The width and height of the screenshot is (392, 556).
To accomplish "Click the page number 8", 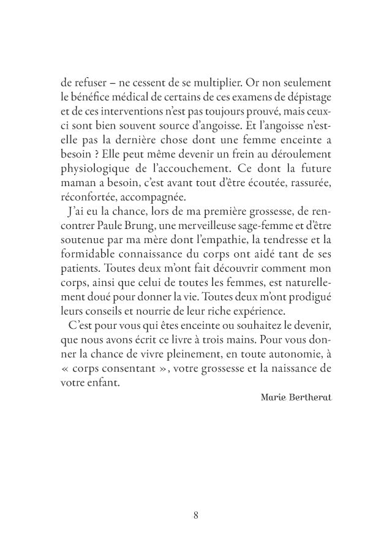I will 195,515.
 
